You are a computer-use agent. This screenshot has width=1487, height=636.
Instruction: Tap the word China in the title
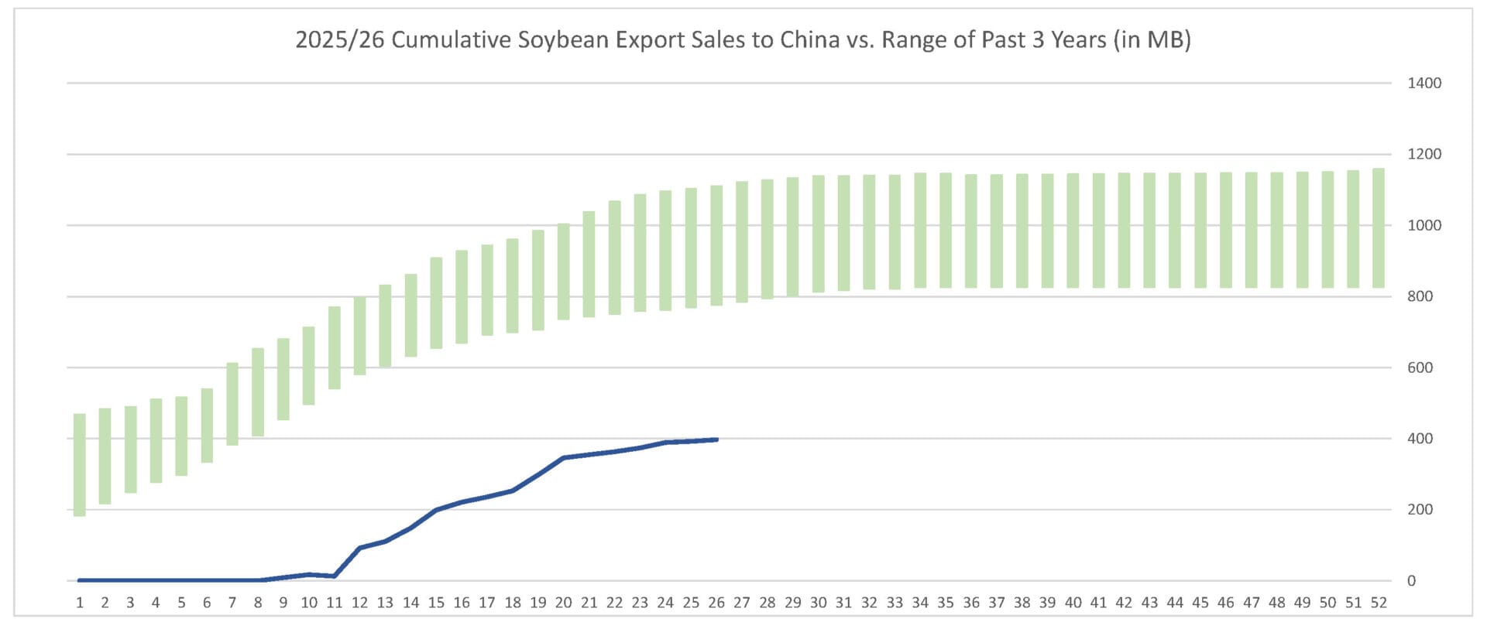(809, 39)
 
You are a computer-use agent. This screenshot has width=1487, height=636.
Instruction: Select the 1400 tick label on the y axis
(1423, 83)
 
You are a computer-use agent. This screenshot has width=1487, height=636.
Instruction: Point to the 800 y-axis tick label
(1420, 296)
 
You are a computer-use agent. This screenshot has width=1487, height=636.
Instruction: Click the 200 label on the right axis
(1420, 509)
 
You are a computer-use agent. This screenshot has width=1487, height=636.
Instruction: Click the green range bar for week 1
(80, 464)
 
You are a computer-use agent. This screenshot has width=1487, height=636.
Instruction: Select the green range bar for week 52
(1379, 228)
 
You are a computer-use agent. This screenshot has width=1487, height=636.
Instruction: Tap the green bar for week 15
(436, 303)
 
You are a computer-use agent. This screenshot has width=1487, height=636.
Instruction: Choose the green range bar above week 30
(819, 234)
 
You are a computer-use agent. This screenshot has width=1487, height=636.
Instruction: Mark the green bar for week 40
(1073, 231)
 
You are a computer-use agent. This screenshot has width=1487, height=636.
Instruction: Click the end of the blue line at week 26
(716, 439)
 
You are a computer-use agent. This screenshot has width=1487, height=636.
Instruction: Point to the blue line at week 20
(564, 458)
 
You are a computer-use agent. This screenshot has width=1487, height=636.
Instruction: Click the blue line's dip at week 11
(334, 576)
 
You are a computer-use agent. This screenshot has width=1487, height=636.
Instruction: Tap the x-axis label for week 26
(716, 603)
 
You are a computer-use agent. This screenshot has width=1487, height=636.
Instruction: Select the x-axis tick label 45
(1200, 603)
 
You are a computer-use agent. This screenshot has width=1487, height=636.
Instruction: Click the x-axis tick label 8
(258, 603)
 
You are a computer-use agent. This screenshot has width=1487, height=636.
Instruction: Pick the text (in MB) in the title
(1152, 39)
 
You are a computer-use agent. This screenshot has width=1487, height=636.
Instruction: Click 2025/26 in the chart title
(339, 39)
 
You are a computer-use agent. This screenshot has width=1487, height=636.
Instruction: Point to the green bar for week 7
(232, 403)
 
